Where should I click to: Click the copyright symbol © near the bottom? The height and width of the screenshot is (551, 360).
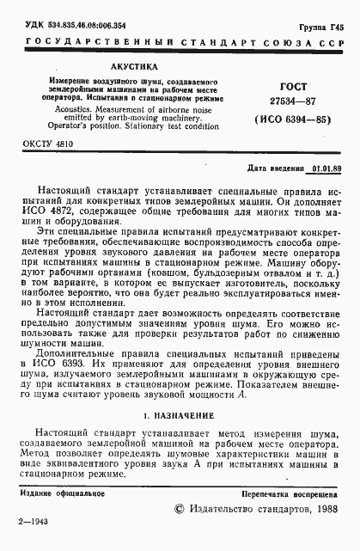(180, 510)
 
